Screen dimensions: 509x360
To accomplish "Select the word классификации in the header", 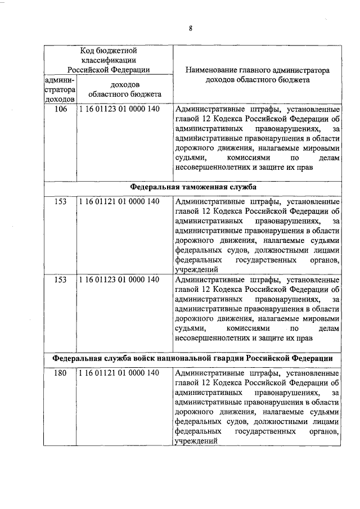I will (x=109, y=60).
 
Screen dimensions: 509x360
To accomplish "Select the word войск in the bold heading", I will (x=143, y=358).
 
